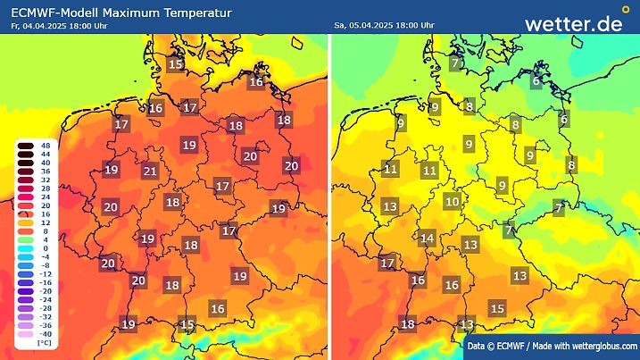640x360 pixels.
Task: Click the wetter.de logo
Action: pyautogui.click(x=573, y=23)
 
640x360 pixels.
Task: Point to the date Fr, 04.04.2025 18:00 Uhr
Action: pyautogui.click(x=56, y=26)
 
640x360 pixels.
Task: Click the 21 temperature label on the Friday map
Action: pyautogui.click(x=151, y=172)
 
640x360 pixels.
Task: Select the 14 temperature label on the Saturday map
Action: pyautogui.click(x=428, y=239)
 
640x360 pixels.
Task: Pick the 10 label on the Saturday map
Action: pyautogui.click(x=453, y=202)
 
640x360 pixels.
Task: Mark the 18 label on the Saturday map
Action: pyautogui.click(x=408, y=324)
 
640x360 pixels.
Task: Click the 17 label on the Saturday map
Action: pyautogui.click(x=387, y=264)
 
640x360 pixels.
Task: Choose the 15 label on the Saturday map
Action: pyautogui.click(x=498, y=308)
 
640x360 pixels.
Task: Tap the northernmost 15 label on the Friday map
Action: pyautogui.click(x=176, y=63)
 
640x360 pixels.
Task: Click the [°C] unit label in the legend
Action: pyautogui.click(x=42, y=343)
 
